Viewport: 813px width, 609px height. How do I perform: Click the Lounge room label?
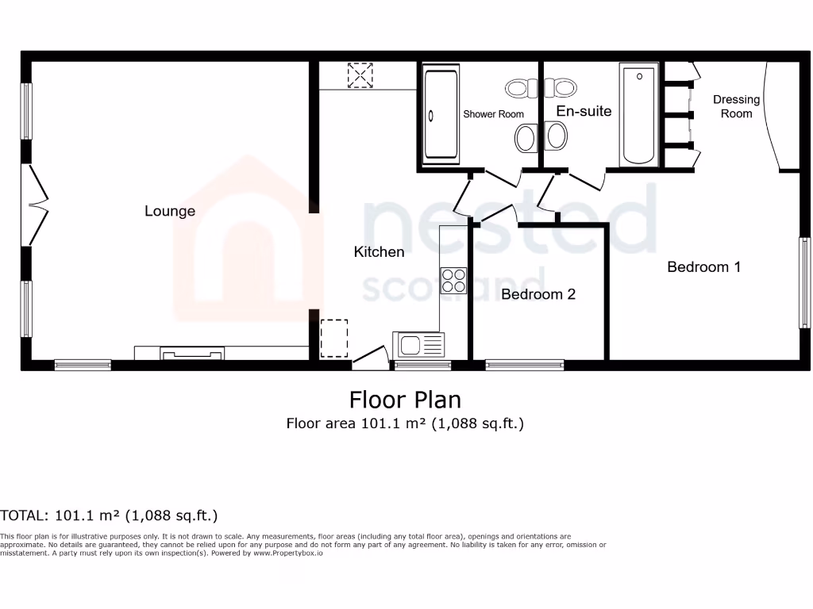[x=170, y=211]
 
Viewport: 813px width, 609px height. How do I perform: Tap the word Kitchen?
[x=379, y=252]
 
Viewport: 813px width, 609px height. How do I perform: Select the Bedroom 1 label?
[x=703, y=267]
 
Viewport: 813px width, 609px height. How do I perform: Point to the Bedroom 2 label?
[x=538, y=294]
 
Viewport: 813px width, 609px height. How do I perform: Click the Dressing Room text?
[x=736, y=106]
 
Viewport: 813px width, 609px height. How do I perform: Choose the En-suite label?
[x=584, y=111]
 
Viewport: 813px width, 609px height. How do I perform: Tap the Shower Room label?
[x=494, y=114]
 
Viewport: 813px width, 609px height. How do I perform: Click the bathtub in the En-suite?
[x=639, y=116]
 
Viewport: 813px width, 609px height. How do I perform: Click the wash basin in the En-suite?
[x=556, y=139]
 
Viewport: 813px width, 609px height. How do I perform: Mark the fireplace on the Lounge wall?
[x=192, y=353]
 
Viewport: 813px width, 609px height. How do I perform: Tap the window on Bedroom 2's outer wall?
[x=525, y=366]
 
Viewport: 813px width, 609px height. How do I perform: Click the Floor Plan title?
[x=405, y=399]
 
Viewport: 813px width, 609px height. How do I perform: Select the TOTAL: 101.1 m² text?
[x=109, y=516]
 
